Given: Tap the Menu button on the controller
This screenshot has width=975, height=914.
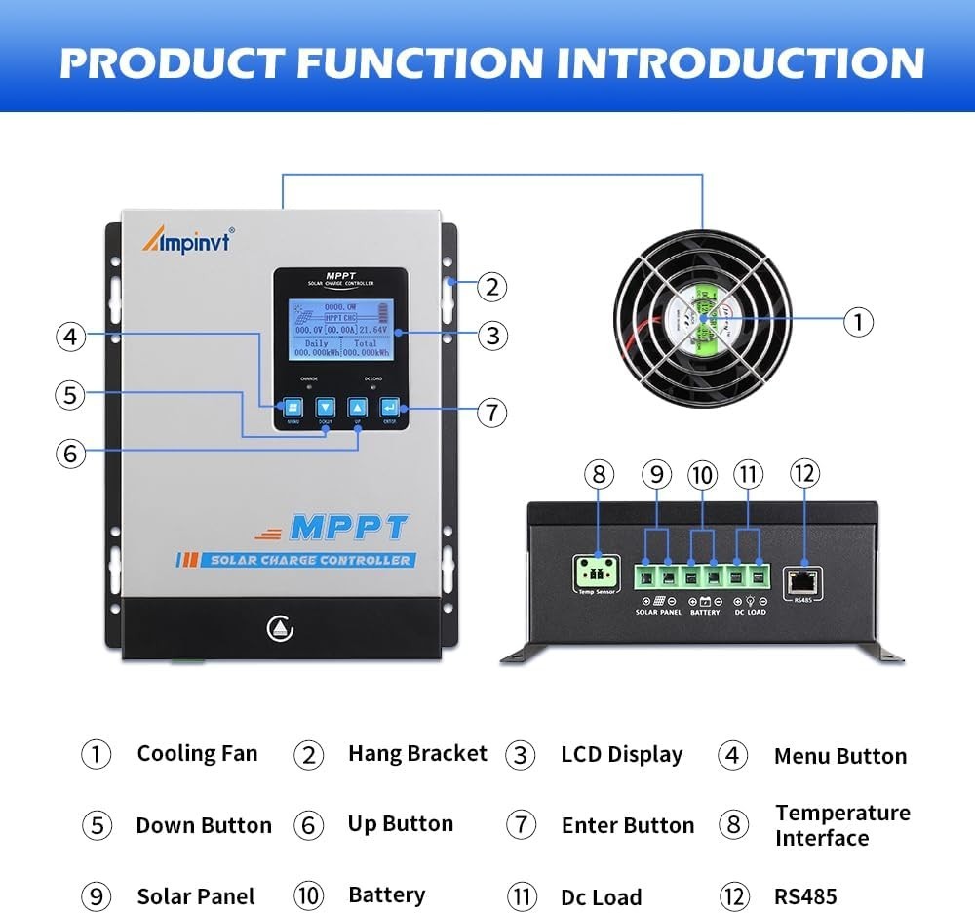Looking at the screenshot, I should click(x=292, y=408).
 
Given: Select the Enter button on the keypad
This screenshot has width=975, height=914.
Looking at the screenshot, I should click(x=389, y=408).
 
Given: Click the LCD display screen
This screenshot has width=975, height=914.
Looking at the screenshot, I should click(x=340, y=331).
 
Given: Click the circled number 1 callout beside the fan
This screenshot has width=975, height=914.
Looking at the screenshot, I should click(x=857, y=321).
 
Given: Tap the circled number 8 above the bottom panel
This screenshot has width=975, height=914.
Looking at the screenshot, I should click(x=600, y=475).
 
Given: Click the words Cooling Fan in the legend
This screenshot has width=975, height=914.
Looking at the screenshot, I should click(x=197, y=753).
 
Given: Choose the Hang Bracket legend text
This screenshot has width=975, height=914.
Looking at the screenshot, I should click(x=417, y=753).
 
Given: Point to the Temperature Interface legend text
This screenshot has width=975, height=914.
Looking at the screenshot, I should click(x=842, y=825).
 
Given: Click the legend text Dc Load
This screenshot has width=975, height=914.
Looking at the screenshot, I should click(x=601, y=897).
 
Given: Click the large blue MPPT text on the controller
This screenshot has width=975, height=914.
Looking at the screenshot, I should click(x=348, y=527).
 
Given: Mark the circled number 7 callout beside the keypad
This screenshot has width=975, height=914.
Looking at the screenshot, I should click(x=492, y=413).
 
